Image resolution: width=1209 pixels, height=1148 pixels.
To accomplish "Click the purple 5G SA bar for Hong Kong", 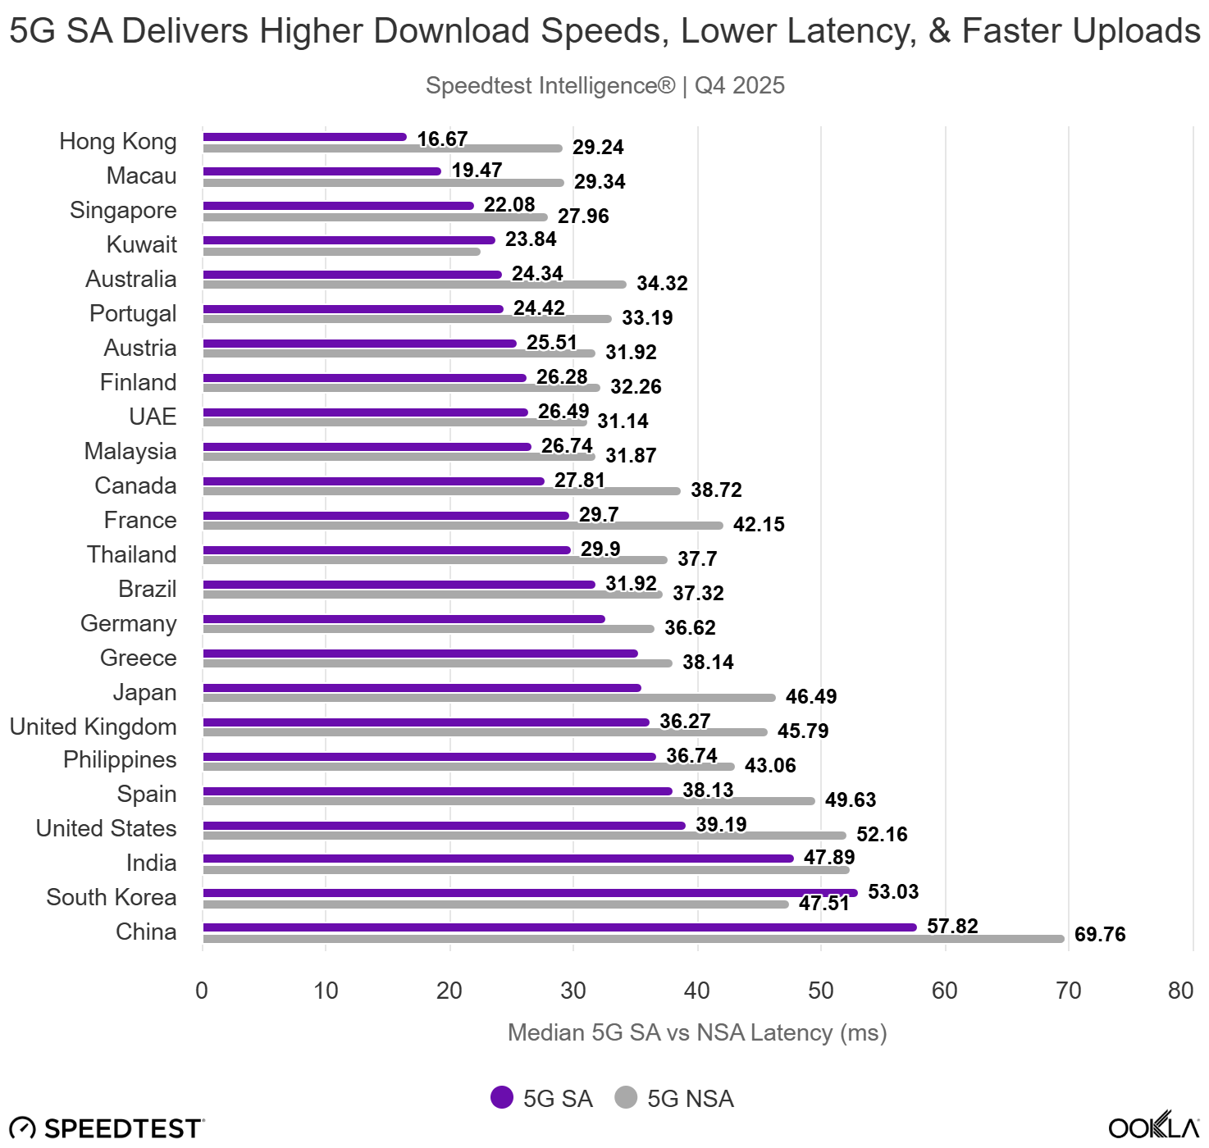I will (x=304, y=137).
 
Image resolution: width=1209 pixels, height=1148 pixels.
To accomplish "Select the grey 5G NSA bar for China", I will (x=632, y=939).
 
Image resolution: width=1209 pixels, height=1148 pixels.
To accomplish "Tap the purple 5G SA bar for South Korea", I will (x=530, y=893).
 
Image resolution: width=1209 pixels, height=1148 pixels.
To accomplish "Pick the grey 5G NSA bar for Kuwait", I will (x=341, y=252).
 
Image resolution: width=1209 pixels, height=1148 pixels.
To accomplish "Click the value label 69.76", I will (x=1099, y=935).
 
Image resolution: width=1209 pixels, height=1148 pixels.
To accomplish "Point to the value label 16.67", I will (x=442, y=139).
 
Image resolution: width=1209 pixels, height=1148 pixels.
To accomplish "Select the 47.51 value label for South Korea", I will (x=823, y=904).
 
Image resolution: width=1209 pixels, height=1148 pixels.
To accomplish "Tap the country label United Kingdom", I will (x=93, y=727).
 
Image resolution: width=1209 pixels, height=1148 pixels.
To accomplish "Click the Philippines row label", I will (x=120, y=760).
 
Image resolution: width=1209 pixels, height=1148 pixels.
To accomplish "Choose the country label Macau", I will (x=141, y=176).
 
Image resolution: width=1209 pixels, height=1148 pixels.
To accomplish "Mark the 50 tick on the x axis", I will (x=821, y=991).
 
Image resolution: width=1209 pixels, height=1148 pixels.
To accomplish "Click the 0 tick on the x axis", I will (x=202, y=991).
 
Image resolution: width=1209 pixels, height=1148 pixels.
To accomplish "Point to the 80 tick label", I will (x=1180, y=991).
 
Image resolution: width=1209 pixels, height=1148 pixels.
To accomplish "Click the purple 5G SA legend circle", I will (x=502, y=1097).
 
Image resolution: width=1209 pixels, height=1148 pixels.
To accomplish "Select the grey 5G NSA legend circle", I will (x=626, y=1097).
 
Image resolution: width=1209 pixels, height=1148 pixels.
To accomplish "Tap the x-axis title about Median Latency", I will (x=697, y=1033).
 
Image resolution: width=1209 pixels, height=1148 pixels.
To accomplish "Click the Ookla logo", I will (x=1153, y=1127).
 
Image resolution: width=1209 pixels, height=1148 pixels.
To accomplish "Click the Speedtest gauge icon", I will (x=23, y=1128).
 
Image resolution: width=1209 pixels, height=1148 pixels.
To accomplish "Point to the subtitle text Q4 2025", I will (x=740, y=86).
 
